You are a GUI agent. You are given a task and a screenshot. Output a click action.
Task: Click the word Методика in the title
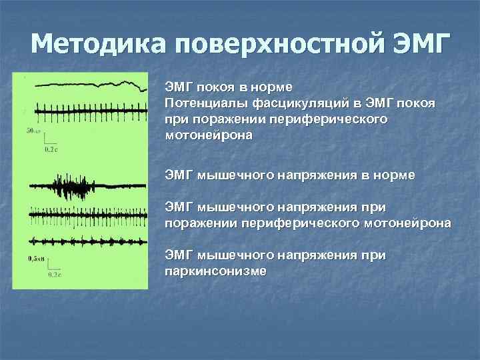click(x=98, y=46)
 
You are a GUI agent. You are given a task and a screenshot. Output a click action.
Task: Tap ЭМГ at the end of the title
click(x=422, y=46)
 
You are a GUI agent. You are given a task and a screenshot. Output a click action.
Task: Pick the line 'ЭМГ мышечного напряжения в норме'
click(x=289, y=175)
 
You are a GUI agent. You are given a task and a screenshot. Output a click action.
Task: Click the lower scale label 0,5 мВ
click(x=36, y=258)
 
